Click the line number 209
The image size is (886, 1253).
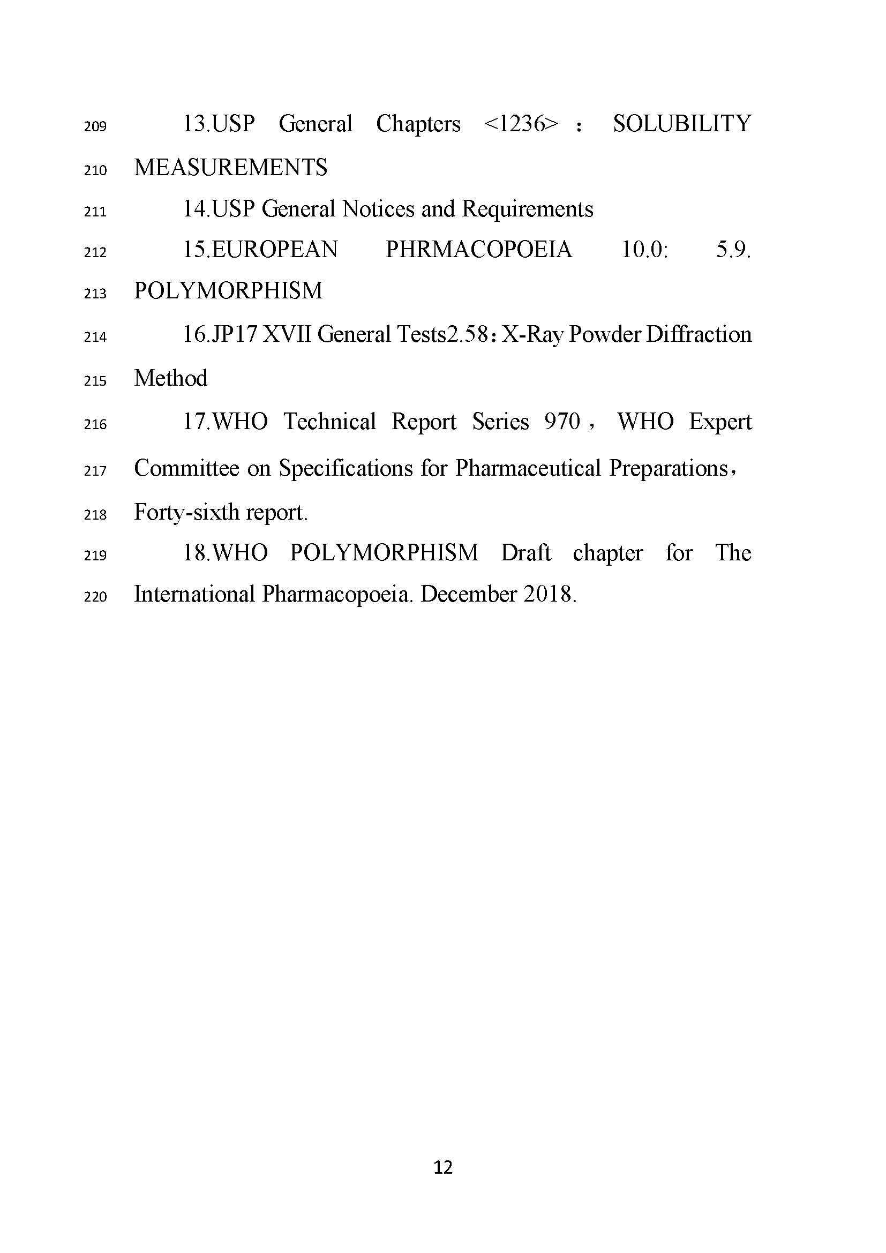point(95,126)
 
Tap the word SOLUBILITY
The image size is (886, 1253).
point(682,124)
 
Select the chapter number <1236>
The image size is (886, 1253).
point(521,124)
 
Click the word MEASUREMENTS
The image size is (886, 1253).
point(230,168)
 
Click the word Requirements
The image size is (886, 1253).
point(527,209)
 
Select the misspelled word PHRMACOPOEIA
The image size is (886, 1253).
point(478,250)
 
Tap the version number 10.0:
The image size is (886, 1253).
point(644,250)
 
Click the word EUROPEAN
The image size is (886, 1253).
point(274,250)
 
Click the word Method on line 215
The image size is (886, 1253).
point(171,378)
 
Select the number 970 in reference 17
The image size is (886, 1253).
point(561,422)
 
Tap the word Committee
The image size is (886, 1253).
point(186,468)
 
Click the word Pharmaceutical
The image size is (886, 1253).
point(528,468)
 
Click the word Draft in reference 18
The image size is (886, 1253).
point(525,553)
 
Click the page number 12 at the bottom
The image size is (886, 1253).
point(442,1167)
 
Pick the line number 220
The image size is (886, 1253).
point(95,596)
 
